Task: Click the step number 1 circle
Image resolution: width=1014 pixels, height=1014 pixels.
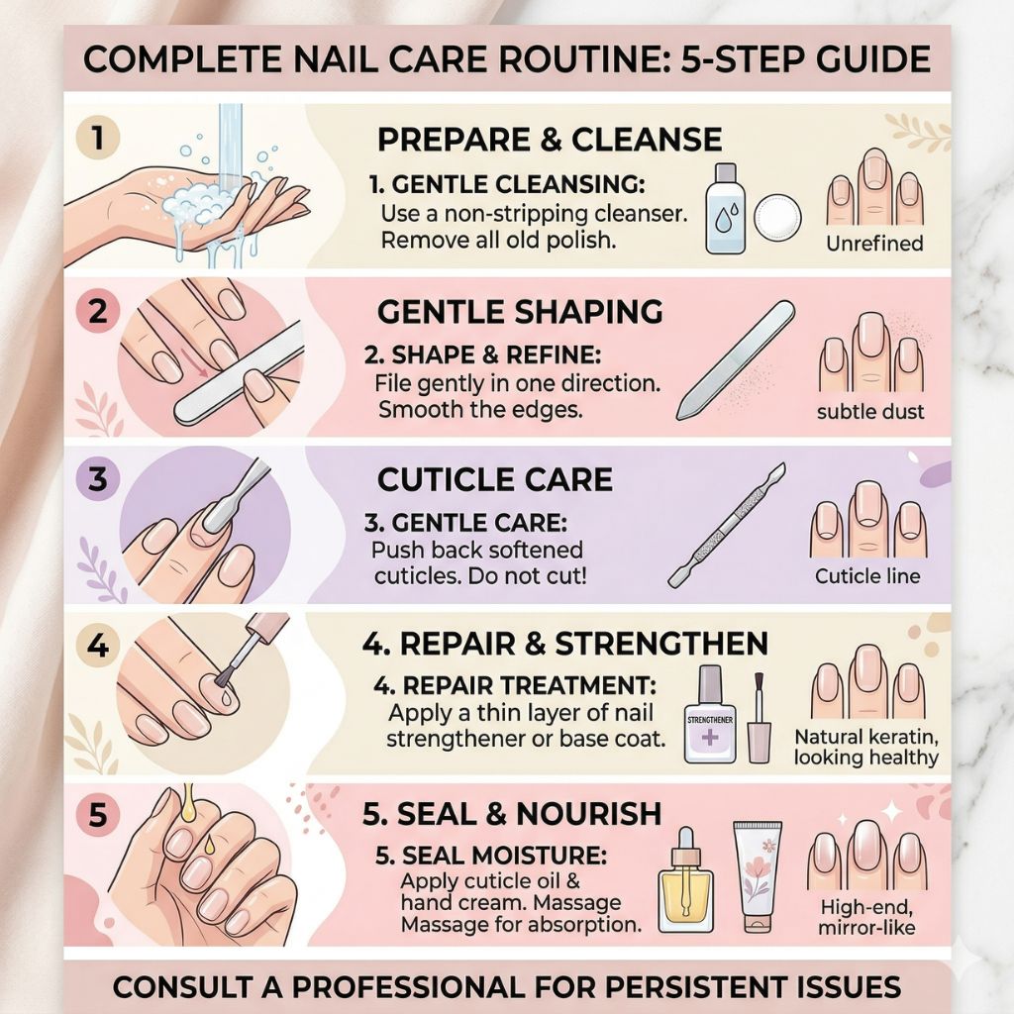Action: (98, 138)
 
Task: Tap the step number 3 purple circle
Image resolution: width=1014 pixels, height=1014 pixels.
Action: (98, 479)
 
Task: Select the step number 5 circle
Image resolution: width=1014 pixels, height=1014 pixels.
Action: (98, 814)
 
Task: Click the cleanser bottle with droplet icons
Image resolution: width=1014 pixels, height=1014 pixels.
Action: (725, 208)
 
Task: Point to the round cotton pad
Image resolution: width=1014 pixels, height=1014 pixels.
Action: (778, 218)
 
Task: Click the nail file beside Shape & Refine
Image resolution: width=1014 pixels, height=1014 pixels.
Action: (736, 359)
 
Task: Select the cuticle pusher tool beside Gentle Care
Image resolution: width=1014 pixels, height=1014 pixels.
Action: (727, 525)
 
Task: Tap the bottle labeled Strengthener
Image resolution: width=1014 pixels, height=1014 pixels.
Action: (710, 715)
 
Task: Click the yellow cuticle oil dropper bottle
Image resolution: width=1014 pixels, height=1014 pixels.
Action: (685, 880)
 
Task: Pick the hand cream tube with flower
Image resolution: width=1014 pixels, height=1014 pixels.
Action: (758, 876)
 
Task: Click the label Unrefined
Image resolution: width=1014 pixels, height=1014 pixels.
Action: (874, 244)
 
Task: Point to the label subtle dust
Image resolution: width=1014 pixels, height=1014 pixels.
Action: (870, 411)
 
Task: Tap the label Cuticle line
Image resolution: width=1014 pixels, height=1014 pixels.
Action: (867, 575)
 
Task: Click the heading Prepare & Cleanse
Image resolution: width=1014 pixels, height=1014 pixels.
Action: (550, 140)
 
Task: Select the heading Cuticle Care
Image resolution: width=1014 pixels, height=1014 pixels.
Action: (495, 480)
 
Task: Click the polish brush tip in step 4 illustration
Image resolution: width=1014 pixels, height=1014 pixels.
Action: (224, 678)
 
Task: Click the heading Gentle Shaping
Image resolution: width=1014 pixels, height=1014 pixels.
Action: (520, 312)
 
